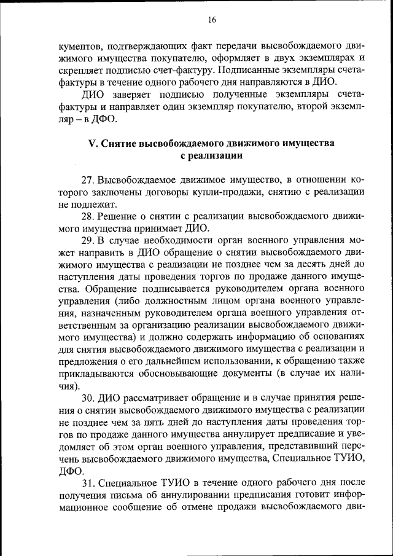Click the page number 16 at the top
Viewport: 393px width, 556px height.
tap(212, 20)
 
